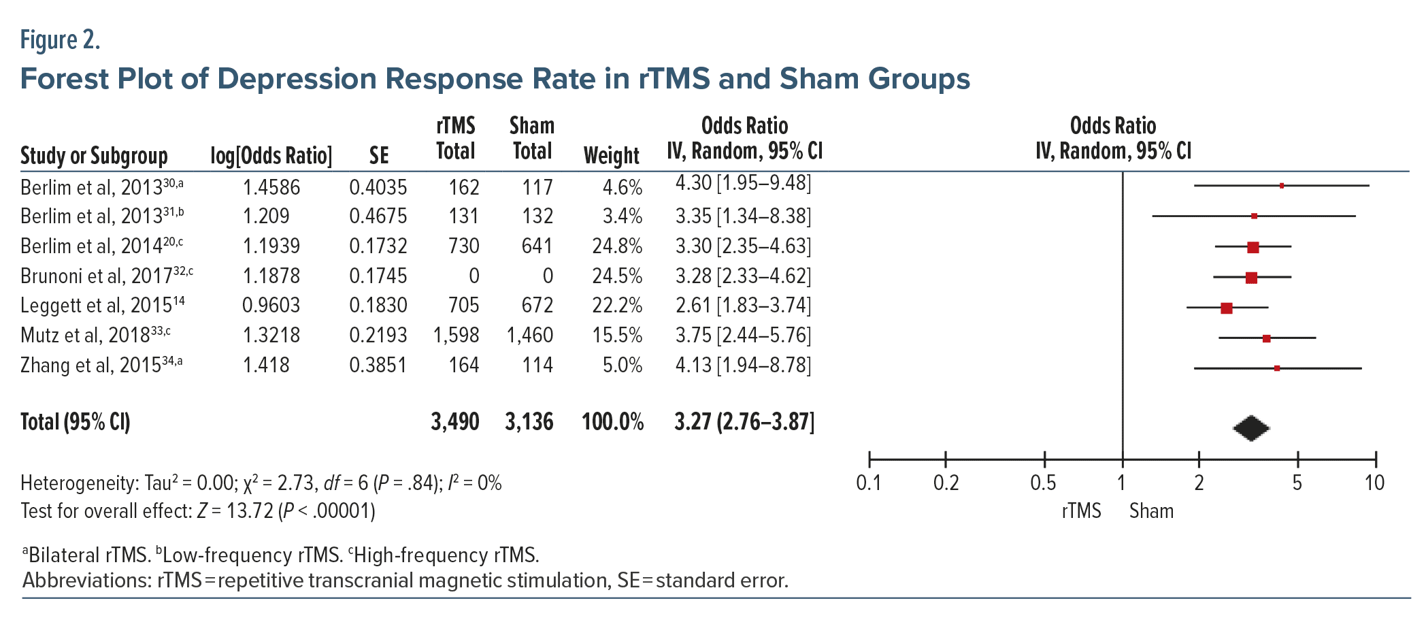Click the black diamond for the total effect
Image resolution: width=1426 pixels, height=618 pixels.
1251,428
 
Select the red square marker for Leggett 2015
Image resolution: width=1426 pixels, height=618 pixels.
1227,308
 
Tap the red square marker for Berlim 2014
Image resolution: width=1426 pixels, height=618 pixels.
1253,248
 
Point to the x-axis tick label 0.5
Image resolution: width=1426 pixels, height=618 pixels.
1043,483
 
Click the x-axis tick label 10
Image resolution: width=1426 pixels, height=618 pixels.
1374,483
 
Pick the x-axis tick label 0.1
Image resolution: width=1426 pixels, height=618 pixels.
869,483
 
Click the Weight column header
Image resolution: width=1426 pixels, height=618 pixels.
611,156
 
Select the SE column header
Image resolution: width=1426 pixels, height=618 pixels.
379,156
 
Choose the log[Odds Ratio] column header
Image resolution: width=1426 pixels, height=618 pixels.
271,156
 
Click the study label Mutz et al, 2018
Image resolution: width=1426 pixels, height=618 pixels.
95,335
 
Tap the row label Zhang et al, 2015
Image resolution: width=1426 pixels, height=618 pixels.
101,365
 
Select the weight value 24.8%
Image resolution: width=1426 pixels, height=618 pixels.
617,246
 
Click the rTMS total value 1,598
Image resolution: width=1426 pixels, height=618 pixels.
456,335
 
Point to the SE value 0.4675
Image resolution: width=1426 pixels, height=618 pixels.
378,216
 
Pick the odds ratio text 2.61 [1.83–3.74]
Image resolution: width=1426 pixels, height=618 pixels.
743,305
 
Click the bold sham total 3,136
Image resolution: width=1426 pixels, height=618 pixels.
529,422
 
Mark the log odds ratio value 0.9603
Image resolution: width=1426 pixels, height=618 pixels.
271,305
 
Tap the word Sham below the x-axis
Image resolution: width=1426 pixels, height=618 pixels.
1151,511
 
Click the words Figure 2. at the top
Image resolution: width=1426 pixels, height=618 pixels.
60,40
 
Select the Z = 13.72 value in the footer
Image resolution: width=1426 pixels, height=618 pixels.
235,511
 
